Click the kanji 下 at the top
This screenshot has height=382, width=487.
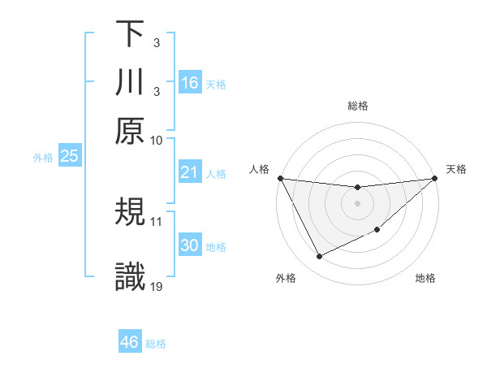point(130,34)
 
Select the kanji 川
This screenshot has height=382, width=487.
point(130,83)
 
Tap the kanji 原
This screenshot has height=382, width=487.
point(130,132)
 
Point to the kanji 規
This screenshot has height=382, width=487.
point(130,213)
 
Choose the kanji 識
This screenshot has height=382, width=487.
point(130,278)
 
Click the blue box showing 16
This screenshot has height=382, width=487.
point(190,83)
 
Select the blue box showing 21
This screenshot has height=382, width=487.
point(190,172)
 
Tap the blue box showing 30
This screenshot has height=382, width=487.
point(190,245)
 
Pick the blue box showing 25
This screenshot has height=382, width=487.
point(69,156)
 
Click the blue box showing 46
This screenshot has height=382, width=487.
point(130,342)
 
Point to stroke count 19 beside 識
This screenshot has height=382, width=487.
point(157,285)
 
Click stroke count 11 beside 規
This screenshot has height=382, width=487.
point(157,220)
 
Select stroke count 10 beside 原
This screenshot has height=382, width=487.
point(157,140)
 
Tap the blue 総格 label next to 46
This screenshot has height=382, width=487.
point(156,344)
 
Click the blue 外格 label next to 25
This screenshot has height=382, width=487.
point(42,158)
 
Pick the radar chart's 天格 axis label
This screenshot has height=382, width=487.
point(457,169)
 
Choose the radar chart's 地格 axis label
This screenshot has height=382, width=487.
point(425,279)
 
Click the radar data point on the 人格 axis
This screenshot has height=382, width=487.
point(281,178)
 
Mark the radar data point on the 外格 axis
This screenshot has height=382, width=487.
point(319,257)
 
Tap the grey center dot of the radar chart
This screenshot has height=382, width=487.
point(357,203)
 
